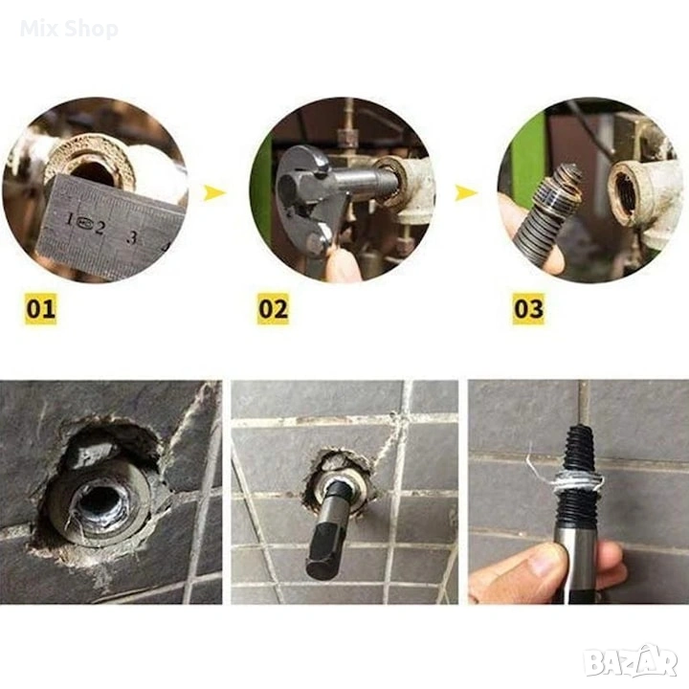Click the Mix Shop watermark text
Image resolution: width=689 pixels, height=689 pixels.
coord(69,29)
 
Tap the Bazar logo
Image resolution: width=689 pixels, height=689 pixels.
coord(633,661)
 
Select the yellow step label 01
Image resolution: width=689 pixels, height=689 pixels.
coord(40,308)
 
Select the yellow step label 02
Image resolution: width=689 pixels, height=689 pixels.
coord(273,308)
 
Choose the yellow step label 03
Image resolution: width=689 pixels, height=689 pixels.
coord(528,308)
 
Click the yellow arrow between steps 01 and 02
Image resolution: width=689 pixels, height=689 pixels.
coord(214,192)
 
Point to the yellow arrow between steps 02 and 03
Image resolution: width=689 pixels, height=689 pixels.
coord(466,192)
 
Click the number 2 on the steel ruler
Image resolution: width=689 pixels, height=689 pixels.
coord(100,228)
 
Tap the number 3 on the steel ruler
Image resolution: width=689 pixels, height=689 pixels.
coord(132,237)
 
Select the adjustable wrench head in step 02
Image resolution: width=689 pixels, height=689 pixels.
coord(307,193)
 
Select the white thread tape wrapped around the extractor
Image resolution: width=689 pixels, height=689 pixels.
coord(574,480)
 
